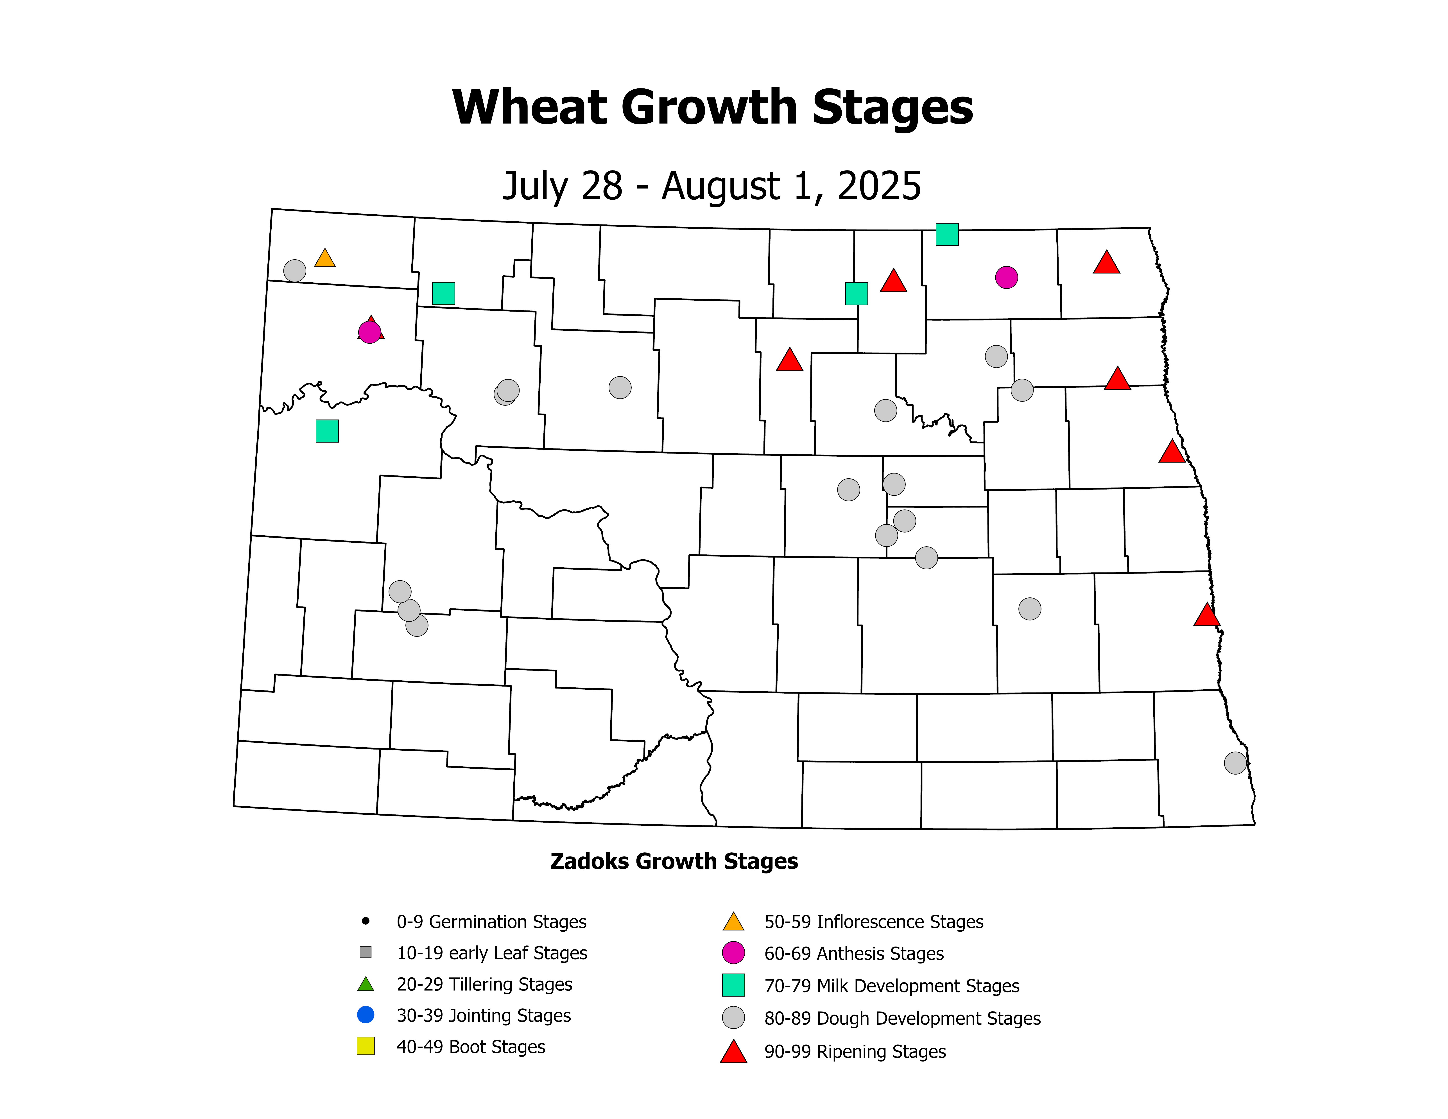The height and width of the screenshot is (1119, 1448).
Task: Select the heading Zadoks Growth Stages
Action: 674,861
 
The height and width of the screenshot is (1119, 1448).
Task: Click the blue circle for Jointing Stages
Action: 365,1014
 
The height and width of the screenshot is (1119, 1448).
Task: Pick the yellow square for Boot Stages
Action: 365,1046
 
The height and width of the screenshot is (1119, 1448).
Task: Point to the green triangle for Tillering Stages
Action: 365,984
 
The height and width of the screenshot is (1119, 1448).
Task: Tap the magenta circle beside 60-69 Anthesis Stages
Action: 733,953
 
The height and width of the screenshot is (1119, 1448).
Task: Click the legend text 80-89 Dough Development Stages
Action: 902,1018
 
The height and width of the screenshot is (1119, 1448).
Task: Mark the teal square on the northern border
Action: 947,234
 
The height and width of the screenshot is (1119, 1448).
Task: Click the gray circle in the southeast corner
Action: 1235,763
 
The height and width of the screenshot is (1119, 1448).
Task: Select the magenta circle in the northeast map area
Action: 1006,277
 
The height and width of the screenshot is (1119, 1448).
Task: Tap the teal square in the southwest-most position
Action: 327,431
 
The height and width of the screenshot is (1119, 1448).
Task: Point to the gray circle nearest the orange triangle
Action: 294,271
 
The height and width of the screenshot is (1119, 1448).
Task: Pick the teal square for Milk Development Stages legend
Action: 733,985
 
